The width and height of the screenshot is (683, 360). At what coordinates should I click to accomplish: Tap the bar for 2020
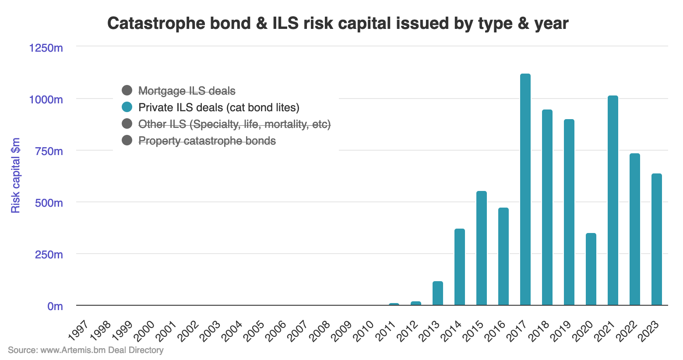(x=591, y=269)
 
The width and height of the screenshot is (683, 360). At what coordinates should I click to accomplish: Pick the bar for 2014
(x=459, y=267)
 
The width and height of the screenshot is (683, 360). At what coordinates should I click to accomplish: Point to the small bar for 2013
(x=437, y=293)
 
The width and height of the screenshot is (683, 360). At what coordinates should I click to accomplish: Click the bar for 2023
(x=656, y=239)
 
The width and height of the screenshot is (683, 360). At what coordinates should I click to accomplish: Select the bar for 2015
(x=481, y=248)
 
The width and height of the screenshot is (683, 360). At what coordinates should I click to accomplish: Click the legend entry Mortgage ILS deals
(x=187, y=91)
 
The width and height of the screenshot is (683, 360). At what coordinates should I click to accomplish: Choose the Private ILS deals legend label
(x=218, y=107)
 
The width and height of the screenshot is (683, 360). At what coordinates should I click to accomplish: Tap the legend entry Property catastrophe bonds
(x=207, y=141)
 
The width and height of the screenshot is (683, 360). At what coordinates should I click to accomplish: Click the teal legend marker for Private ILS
(x=127, y=107)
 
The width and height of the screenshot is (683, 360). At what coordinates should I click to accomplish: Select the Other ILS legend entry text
(x=234, y=124)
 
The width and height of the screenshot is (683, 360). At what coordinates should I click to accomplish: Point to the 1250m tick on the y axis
(x=46, y=48)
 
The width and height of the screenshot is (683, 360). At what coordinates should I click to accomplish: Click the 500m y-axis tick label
(x=49, y=203)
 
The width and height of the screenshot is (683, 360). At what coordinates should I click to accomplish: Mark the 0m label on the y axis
(x=55, y=306)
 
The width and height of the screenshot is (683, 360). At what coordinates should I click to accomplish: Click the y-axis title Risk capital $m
(x=16, y=175)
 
